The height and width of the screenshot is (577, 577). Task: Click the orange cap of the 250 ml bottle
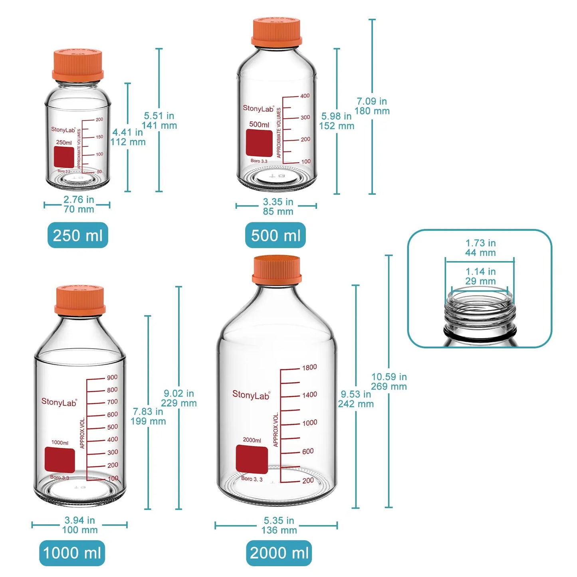[77, 64]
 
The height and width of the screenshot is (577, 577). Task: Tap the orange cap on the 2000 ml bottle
[276, 270]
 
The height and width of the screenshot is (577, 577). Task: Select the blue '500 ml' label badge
[276, 235]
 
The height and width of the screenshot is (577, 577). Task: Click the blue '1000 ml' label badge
[72, 553]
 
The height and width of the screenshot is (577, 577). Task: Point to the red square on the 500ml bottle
[259, 143]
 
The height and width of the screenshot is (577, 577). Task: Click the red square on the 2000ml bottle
[252, 460]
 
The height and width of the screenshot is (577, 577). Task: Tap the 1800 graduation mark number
[309, 367]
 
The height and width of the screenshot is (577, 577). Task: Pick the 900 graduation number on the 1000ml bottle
[112, 377]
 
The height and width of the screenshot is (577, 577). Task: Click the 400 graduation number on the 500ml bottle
[305, 96]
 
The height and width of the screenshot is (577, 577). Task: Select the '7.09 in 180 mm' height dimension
[372, 106]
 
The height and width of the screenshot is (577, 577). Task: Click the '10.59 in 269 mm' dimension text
[389, 382]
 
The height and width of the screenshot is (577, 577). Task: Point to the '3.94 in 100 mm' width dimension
[80, 525]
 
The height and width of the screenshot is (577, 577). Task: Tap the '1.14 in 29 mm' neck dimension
[480, 276]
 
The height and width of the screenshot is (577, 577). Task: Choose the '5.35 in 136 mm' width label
[279, 525]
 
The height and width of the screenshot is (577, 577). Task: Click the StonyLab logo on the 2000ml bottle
[251, 395]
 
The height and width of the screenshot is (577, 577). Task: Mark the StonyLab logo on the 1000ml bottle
[59, 402]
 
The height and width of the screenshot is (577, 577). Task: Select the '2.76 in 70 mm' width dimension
[79, 204]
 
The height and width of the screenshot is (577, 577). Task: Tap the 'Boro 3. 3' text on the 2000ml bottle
[252, 479]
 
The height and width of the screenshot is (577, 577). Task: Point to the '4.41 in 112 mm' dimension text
[128, 137]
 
